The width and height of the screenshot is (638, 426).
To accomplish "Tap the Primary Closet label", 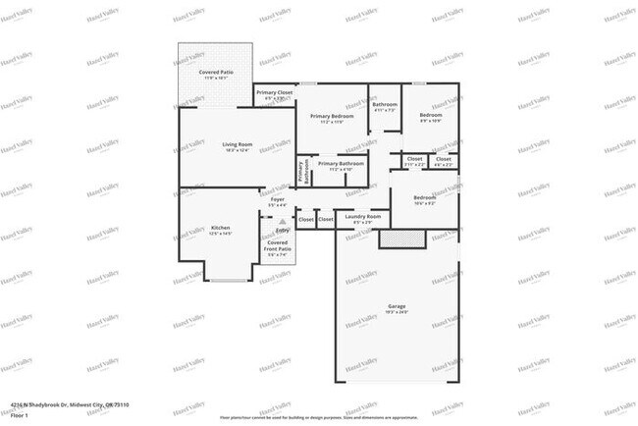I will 275,95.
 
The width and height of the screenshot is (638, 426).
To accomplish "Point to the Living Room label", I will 238,147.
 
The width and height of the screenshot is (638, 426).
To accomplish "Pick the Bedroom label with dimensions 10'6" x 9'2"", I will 424,200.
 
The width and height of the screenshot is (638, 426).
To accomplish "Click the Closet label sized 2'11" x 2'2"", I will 413,161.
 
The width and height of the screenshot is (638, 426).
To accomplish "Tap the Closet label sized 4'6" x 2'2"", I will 443,161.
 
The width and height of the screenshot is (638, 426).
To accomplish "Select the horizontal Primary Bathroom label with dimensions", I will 341,166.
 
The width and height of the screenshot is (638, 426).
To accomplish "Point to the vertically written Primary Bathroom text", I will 303,172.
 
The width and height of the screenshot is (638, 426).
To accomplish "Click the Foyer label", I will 278,202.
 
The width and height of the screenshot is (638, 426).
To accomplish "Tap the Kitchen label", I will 220,230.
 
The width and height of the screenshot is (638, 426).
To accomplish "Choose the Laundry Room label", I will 362,219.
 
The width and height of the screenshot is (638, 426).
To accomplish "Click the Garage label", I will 396,309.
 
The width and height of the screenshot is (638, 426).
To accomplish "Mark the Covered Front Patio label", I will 278,247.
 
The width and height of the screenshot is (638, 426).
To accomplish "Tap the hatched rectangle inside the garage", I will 399,239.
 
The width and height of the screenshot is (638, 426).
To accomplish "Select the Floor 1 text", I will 19,415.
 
